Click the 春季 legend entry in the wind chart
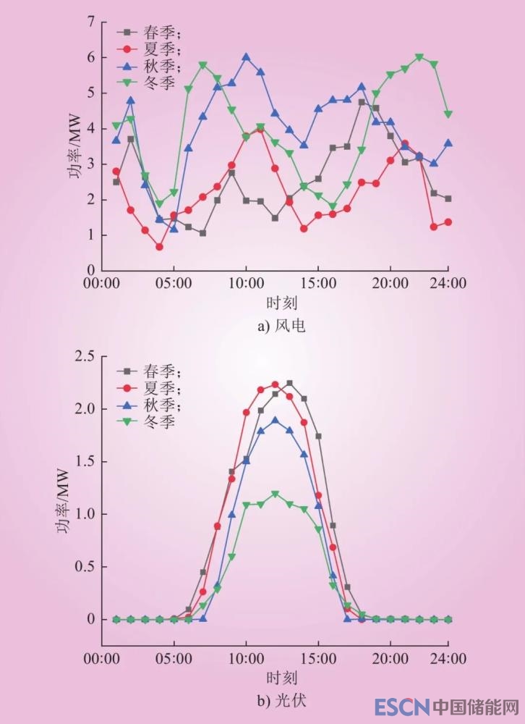point(148,33)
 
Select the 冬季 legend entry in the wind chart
point(148,83)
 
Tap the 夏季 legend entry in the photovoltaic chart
point(148,388)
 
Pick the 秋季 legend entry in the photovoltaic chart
point(148,405)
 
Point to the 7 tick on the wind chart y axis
point(92,22)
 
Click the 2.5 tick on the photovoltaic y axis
point(85,355)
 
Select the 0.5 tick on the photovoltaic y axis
point(85,567)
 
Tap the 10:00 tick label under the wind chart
point(246,283)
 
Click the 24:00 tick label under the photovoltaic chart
point(448,660)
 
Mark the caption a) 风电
point(281,326)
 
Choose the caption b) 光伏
point(281,702)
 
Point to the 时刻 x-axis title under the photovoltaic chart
point(281,678)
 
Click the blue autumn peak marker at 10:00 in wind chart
point(246,56)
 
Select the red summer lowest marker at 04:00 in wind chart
point(159,247)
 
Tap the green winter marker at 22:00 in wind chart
point(419,57)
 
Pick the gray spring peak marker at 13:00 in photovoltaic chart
point(289,383)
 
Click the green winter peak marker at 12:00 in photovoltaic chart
point(275,494)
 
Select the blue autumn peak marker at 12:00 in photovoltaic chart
point(275,420)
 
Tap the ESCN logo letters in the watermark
point(402,706)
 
